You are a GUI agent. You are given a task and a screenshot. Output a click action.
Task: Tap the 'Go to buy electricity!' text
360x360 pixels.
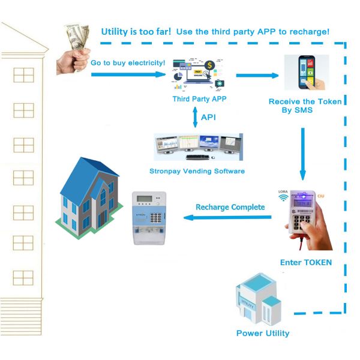127,62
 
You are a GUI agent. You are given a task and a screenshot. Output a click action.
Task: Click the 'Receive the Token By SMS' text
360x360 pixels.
305,106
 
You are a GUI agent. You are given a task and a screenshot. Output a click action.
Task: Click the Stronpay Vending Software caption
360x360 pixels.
197,171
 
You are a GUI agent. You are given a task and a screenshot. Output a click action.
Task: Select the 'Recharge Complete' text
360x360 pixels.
230,207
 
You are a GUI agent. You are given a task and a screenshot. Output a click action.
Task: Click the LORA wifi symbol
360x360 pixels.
283,197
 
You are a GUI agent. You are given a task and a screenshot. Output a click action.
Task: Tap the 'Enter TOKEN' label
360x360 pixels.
306,263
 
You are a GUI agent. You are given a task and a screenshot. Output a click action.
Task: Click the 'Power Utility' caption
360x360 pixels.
263,333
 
